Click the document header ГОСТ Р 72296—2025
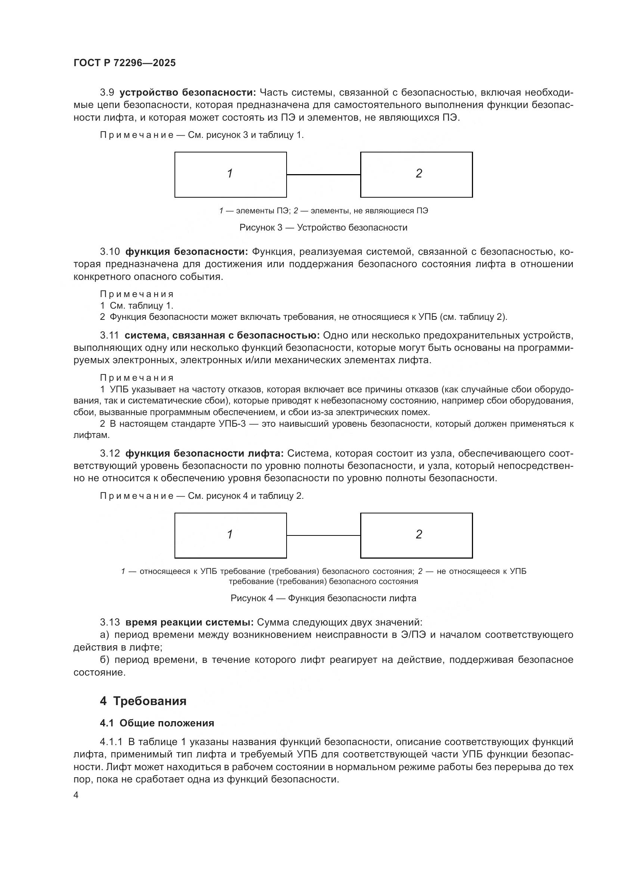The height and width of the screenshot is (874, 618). (x=124, y=63)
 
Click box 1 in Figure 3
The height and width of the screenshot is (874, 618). (x=230, y=175)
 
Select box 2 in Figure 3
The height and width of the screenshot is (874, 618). (x=416, y=175)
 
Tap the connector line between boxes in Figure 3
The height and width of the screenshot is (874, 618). (x=323, y=175)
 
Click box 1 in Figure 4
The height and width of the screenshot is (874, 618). (x=230, y=535)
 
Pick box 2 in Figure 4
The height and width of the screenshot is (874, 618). (x=416, y=535)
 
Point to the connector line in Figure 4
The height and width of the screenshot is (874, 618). (x=323, y=535)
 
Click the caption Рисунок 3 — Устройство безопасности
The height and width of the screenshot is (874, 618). (x=323, y=228)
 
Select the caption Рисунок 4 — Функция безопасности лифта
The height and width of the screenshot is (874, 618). (x=323, y=598)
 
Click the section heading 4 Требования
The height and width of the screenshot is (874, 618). (x=143, y=701)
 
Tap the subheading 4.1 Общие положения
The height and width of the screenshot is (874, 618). (x=157, y=723)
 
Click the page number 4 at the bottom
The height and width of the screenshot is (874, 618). (x=76, y=795)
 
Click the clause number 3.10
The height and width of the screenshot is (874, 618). (x=109, y=251)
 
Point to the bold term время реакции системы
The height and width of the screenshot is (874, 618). (x=189, y=623)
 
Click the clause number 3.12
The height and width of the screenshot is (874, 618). (x=109, y=453)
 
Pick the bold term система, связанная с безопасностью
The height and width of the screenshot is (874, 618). (x=222, y=335)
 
